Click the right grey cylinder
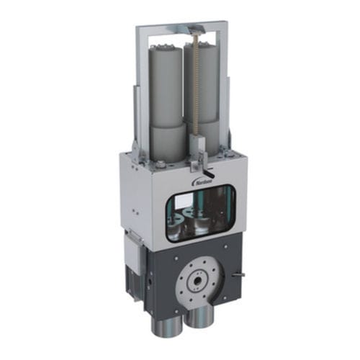pyautogui.click(x=207, y=94)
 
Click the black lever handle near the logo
pyautogui.click(x=208, y=171)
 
